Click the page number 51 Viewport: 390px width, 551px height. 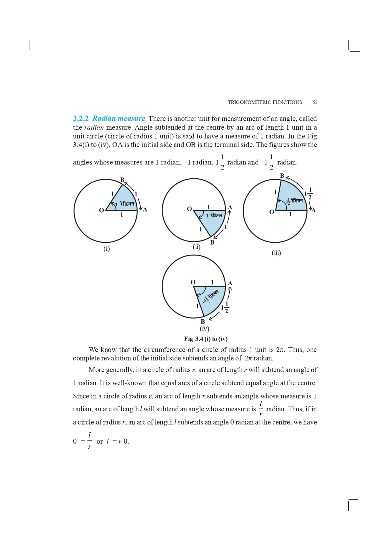[315, 102]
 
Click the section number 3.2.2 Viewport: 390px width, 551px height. [81, 118]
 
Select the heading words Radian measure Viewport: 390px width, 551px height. [119, 118]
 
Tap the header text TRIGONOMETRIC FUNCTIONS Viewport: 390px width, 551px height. [265, 102]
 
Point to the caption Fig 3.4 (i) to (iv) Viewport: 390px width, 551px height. [206, 339]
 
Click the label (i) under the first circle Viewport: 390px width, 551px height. [107, 249]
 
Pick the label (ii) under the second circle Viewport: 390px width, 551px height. [197, 247]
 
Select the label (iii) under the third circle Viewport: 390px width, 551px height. [276, 253]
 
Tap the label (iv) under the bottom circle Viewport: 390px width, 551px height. [204, 329]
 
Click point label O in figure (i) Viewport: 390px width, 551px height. [101, 210]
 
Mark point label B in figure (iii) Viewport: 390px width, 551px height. [282, 176]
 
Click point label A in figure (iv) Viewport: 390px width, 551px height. [230, 283]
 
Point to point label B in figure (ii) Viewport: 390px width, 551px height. [212, 242]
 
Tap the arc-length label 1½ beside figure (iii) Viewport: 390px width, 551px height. [308, 193]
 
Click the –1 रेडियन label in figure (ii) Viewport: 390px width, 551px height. [213, 215]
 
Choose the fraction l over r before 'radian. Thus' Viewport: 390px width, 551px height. [261, 409]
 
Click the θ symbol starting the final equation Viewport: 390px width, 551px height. [75, 441]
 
